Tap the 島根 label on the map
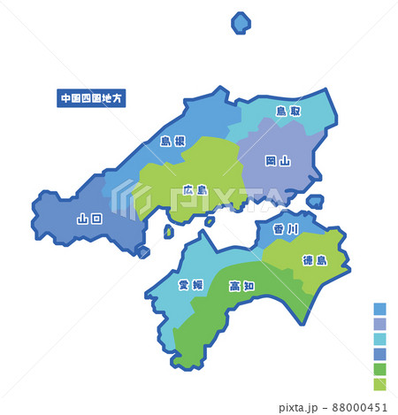(x=172, y=141)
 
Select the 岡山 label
(x=278, y=161)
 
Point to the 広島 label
(x=195, y=189)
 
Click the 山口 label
(x=89, y=219)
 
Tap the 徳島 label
(x=314, y=260)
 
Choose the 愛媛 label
(x=190, y=285)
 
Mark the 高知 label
(x=241, y=286)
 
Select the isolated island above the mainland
(x=241, y=23)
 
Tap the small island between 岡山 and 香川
(x=314, y=203)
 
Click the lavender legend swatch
(x=379, y=324)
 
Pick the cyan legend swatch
(x=379, y=339)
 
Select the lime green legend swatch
(x=379, y=384)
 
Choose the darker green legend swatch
(x=379, y=369)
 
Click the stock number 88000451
(x=363, y=407)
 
